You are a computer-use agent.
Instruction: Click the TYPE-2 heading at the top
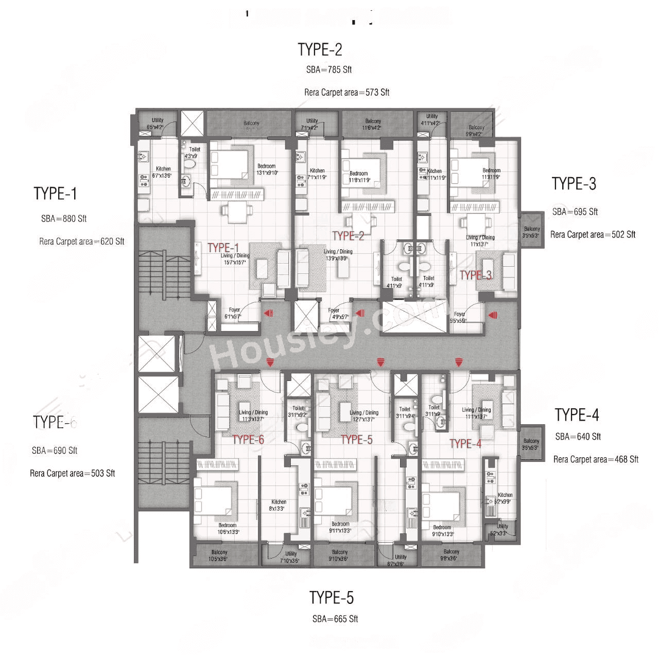pos(320,49)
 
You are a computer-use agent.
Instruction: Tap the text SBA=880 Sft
pos(64,218)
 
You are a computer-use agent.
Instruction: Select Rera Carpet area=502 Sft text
pos(593,234)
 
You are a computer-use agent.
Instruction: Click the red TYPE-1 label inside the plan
pos(223,248)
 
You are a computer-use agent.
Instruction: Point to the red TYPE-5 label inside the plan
pos(356,439)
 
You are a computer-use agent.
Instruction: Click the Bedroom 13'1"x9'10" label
pos(267,169)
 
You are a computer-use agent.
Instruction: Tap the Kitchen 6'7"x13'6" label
pos(163,172)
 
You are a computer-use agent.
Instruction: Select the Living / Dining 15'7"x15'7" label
pos(235,259)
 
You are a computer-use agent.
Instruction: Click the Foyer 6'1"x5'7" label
pos(234,313)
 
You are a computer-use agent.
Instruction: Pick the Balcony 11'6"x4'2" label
pos(373,124)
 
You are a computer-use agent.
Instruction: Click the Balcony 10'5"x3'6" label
pos(219,555)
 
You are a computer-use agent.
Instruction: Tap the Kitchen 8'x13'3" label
pos(279,505)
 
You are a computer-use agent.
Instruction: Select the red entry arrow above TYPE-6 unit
pos(269,363)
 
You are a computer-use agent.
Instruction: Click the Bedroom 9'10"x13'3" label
pos(442,531)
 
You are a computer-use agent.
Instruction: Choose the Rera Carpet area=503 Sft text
pos(72,473)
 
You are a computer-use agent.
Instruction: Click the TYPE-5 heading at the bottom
pos(332,598)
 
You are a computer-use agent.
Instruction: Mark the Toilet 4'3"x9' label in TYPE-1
pos(194,152)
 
